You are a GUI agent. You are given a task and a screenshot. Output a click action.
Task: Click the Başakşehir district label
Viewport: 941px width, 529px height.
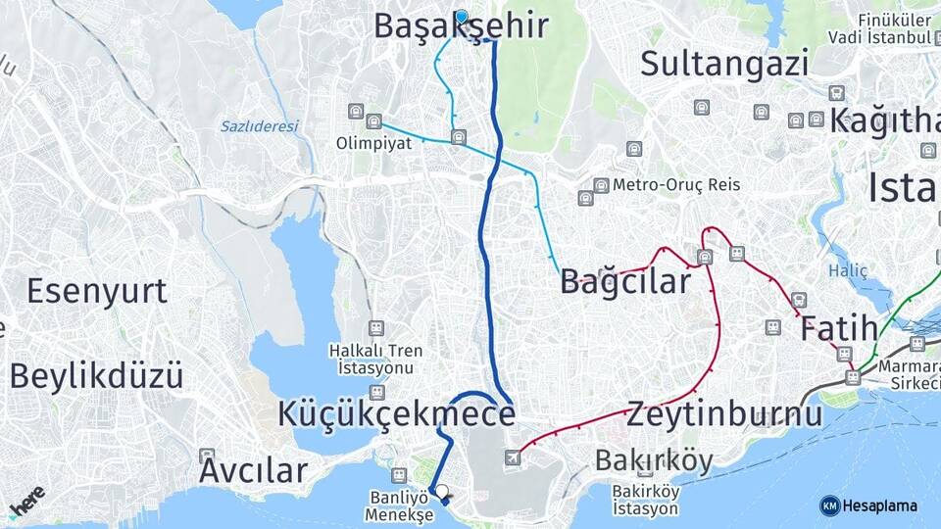point(460,27)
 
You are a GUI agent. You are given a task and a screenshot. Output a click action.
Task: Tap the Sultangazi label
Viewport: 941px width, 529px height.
point(724,64)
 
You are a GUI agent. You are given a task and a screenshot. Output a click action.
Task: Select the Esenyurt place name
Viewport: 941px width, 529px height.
point(97,291)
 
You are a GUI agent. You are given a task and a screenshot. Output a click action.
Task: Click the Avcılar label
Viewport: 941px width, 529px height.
point(253,470)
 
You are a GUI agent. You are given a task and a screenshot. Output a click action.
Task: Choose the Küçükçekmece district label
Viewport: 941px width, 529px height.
point(396,413)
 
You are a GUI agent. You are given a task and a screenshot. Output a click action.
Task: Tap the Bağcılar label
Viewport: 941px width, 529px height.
point(625,282)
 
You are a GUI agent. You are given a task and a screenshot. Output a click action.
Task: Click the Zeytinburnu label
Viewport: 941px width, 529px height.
point(725,413)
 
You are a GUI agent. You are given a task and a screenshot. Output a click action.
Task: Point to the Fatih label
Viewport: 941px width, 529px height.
point(838,328)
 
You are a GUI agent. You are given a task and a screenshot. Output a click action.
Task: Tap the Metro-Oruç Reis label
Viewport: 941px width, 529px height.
point(676,184)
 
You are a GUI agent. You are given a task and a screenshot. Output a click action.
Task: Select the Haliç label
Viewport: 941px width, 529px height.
point(848,269)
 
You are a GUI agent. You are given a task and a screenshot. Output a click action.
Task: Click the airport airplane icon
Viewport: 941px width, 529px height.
point(513,457)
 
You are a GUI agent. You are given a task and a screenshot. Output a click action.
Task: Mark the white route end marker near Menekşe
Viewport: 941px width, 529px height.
point(442,492)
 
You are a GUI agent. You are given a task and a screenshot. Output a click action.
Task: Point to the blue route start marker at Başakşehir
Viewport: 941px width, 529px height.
point(461,16)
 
